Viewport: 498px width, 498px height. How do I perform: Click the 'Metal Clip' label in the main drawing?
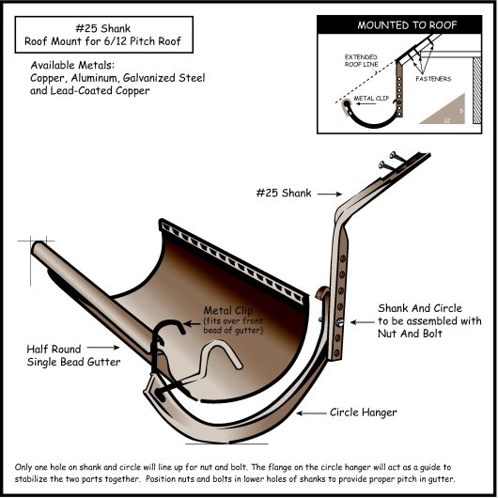tap(232, 310)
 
